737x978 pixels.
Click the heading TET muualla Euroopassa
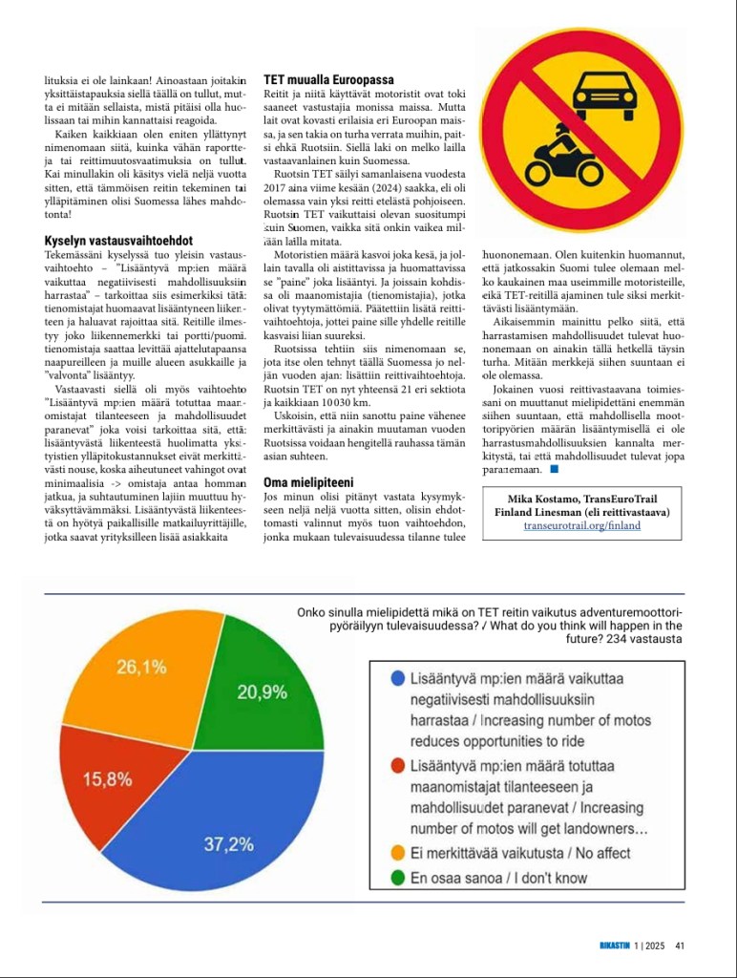328,80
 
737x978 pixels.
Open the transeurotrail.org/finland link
582,526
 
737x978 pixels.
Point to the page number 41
680,946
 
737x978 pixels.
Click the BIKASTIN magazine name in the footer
607,946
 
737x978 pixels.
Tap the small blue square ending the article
554,469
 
